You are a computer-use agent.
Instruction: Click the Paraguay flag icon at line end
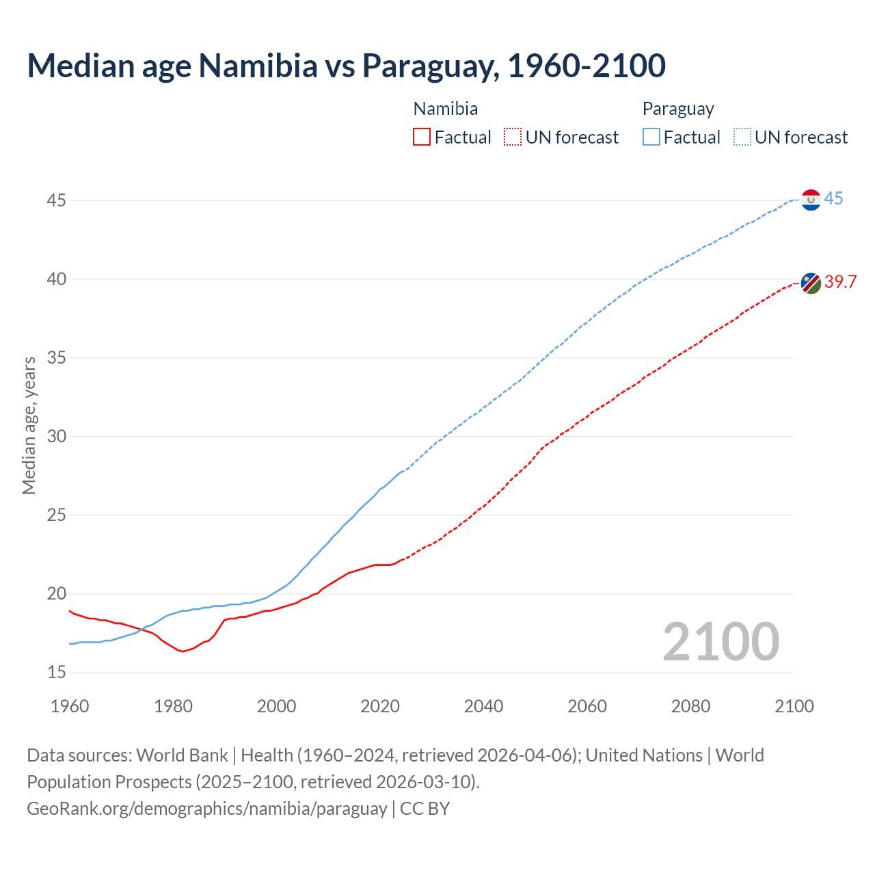click(811, 200)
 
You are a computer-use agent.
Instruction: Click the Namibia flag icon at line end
click(811, 283)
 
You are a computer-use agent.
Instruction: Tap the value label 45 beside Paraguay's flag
click(833, 199)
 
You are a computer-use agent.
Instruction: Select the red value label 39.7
click(840, 282)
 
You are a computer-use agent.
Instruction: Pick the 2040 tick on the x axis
click(483, 706)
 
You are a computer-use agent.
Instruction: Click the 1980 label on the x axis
click(173, 706)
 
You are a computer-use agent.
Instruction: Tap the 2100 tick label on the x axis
click(794, 706)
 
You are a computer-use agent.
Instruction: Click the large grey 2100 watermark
click(721, 641)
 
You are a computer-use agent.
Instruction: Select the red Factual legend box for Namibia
click(422, 137)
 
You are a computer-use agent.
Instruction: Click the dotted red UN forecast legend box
click(513, 137)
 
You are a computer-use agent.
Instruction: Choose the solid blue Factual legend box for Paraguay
click(651, 137)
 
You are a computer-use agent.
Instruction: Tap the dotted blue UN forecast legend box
click(742, 137)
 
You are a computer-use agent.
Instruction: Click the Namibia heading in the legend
click(446, 109)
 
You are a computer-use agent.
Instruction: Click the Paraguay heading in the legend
click(678, 109)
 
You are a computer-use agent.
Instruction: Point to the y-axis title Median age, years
click(29, 425)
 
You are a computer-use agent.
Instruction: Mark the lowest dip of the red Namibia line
click(183, 651)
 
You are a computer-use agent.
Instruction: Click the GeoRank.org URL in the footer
click(207, 808)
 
